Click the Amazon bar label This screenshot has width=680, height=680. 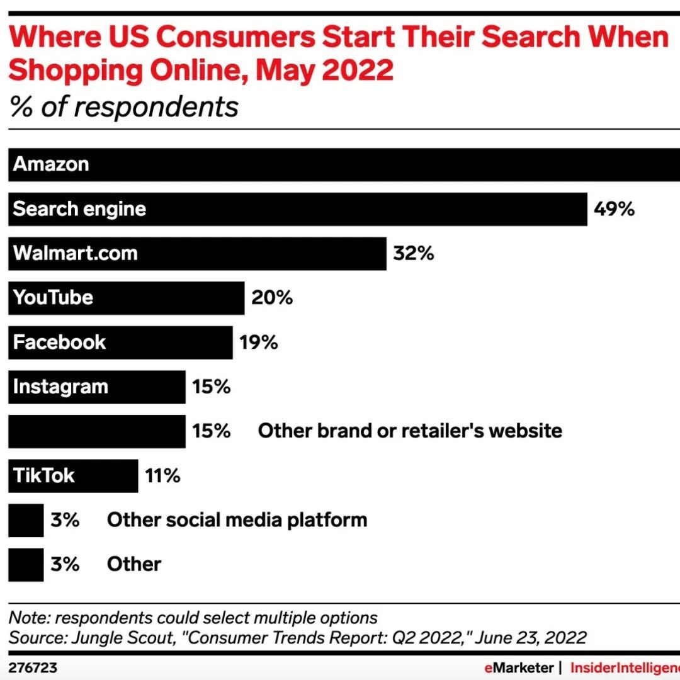coord(51,164)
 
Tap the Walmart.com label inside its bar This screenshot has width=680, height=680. coord(75,254)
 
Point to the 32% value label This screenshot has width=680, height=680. coord(413,254)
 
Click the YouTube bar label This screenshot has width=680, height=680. coord(53,298)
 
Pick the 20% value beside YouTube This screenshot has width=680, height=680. coord(272,298)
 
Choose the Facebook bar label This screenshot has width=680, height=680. coord(60,343)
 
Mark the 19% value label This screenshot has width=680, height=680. coord(258,343)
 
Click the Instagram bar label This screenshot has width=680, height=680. coord(60,387)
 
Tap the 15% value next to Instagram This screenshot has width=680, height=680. coord(212,387)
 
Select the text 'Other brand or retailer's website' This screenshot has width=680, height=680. coord(410,431)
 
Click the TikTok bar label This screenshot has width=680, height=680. coord(44,475)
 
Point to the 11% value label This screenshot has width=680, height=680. coord(162,475)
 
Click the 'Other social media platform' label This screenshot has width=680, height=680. coord(237,520)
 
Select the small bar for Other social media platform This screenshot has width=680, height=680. coord(26,520)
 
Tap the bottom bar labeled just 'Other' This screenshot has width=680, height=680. coord(26,564)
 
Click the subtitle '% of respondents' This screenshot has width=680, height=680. coord(124,107)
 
